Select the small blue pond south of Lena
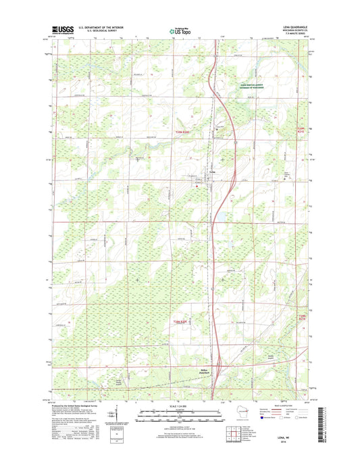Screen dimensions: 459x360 [220, 217]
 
